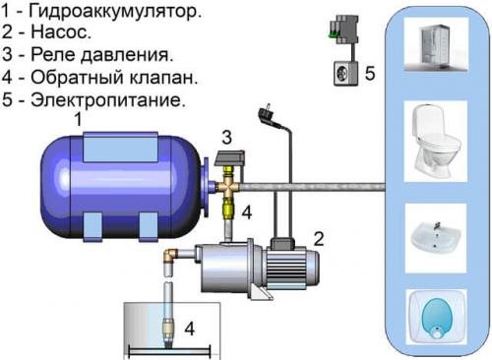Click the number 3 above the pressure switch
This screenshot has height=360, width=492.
click(x=225, y=136)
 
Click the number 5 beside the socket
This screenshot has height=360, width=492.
click(x=370, y=73)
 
